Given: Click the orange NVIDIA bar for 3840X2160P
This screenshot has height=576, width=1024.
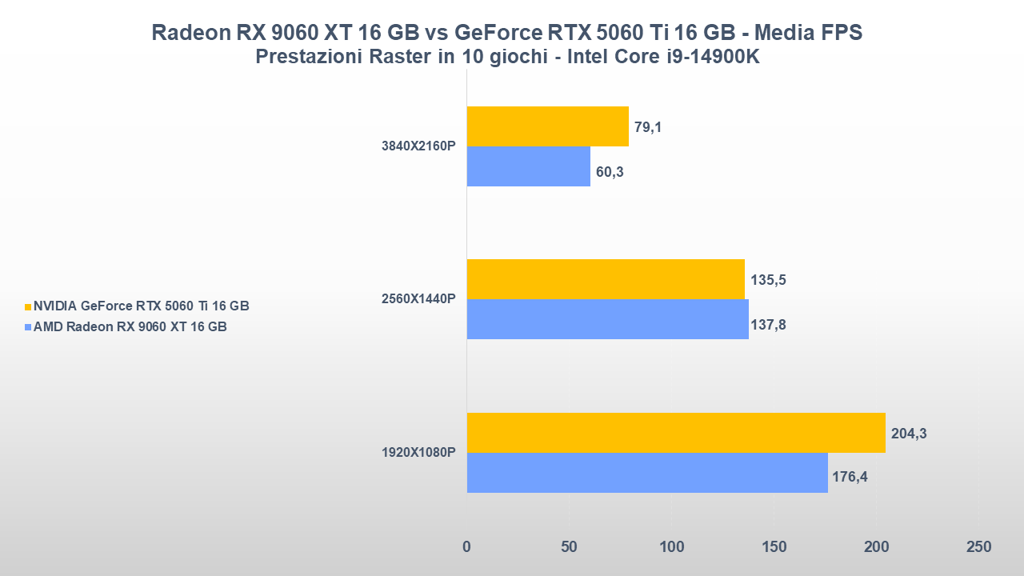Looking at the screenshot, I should [x=547, y=126].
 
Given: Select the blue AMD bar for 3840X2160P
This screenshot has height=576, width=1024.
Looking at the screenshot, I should [x=528, y=166].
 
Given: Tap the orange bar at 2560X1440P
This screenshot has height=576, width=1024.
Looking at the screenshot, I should [x=605, y=279].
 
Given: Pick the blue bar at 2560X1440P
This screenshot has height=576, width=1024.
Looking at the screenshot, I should [x=607, y=319].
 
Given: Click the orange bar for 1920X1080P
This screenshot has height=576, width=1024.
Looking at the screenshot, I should [x=675, y=433].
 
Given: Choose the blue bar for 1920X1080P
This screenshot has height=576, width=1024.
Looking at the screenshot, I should [x=646, y=473].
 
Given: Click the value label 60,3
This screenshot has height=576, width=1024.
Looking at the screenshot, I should [x=609, y=171].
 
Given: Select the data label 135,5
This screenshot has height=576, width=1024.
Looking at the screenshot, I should [x=768, y=280].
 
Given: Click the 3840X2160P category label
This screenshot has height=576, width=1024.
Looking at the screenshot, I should [x=418, y=146].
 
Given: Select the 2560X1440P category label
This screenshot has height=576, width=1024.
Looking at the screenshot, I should [x=418, y=299].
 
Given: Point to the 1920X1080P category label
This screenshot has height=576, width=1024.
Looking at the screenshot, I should [x=418, y=452].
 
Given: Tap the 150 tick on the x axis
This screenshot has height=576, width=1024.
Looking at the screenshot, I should [x=774, y=547].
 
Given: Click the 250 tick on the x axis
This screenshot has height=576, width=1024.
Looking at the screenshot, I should [x=978, y=547].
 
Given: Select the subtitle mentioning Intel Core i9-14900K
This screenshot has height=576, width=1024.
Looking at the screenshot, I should [x=506, y=58].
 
